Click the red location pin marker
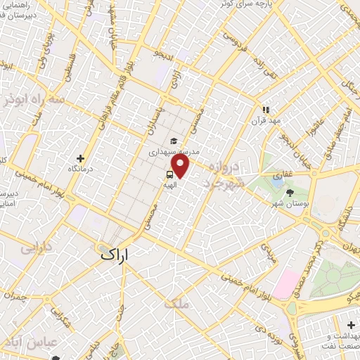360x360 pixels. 181,166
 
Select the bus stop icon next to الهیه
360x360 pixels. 171,174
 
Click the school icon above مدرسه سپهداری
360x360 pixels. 174,140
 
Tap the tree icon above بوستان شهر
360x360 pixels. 290,192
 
